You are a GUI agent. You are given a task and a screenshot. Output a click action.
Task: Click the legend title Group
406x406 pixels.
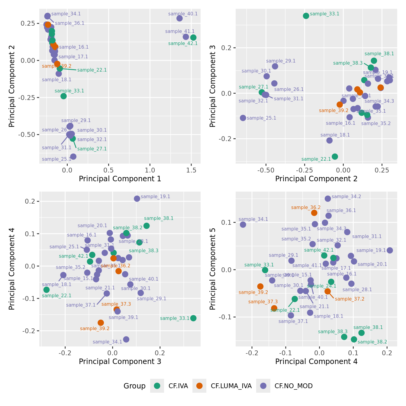point(134,386)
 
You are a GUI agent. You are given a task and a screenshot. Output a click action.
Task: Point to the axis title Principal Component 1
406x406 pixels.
point(120,179)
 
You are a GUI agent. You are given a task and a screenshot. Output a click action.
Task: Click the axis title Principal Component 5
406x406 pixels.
point(213,269)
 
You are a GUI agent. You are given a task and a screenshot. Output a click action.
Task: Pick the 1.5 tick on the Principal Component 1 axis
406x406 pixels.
point(192,170)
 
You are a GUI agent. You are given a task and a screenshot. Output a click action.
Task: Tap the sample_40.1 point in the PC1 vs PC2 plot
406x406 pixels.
point(179,18)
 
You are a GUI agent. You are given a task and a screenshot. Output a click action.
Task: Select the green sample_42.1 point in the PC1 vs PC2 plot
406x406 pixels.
point(193,37)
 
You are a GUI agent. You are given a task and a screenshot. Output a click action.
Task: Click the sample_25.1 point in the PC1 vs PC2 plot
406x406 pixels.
point(73,156)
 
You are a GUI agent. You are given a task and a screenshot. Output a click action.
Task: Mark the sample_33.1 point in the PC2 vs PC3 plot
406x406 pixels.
point(306,16)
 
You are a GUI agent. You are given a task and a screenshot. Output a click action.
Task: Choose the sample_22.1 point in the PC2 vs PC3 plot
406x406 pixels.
point(335,156)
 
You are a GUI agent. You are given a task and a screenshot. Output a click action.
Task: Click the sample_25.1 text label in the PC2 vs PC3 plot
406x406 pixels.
point(261,118)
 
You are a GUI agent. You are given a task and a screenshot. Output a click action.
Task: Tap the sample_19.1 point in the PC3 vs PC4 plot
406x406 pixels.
point(137,198)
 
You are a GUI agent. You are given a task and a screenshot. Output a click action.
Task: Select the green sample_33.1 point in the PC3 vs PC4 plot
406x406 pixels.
point(193,318)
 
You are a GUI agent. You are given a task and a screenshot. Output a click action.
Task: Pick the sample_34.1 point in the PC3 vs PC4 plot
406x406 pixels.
point(126,339)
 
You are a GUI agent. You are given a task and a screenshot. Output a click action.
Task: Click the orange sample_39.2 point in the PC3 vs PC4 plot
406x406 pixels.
point(101,323)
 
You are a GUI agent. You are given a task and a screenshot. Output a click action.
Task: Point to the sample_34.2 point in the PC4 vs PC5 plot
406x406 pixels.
point(328,198)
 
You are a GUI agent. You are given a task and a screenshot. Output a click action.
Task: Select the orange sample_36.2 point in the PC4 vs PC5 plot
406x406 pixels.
point(314,213)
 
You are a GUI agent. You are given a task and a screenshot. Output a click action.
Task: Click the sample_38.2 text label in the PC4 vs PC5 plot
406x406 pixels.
point(372,342)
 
